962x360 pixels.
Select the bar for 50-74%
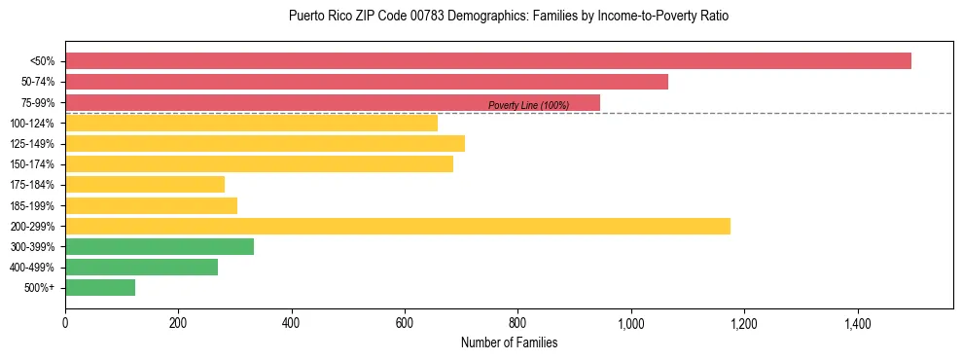click(367, 82)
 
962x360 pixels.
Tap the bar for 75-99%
click(333, 102)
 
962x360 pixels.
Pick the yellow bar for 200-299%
click(398, 227)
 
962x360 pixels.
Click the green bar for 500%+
click(100, 288)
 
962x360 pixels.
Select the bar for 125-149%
click(265, 144)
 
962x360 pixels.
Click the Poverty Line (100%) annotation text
click(528, 105)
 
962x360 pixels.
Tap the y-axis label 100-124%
click(32, 124)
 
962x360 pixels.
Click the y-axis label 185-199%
click(32, 206)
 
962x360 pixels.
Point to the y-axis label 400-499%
click(32, 268)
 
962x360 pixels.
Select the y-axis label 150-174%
click(32, 164)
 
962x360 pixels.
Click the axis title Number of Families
click(509, 342)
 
